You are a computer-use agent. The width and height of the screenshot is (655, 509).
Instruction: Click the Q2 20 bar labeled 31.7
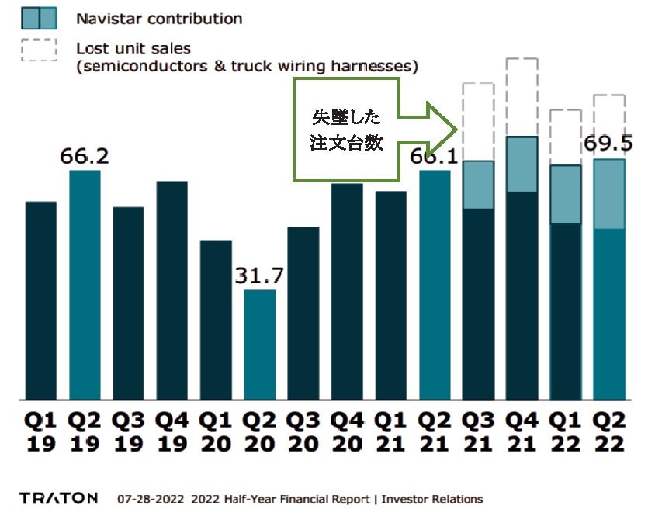click(260, 345)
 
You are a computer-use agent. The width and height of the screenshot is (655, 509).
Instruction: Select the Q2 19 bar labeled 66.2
click(85, 284)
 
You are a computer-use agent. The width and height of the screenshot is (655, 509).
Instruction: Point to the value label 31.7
click(260, 276)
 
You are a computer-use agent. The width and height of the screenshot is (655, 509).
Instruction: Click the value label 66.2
click(85, 156)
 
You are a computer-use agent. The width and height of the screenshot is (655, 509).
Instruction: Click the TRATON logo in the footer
click(59, 497)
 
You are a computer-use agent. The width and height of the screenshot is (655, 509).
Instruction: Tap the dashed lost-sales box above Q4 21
click(522, 97)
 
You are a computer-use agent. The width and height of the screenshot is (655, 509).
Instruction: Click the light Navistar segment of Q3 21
click(479, 185)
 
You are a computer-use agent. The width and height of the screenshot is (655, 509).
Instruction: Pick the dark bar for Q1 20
click(216, 320)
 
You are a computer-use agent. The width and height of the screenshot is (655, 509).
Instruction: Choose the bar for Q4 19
click(172, 290)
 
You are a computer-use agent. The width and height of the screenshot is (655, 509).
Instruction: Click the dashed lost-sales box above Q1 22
click(566, 137)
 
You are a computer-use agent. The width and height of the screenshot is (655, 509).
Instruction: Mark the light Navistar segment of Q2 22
click(609, 194)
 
